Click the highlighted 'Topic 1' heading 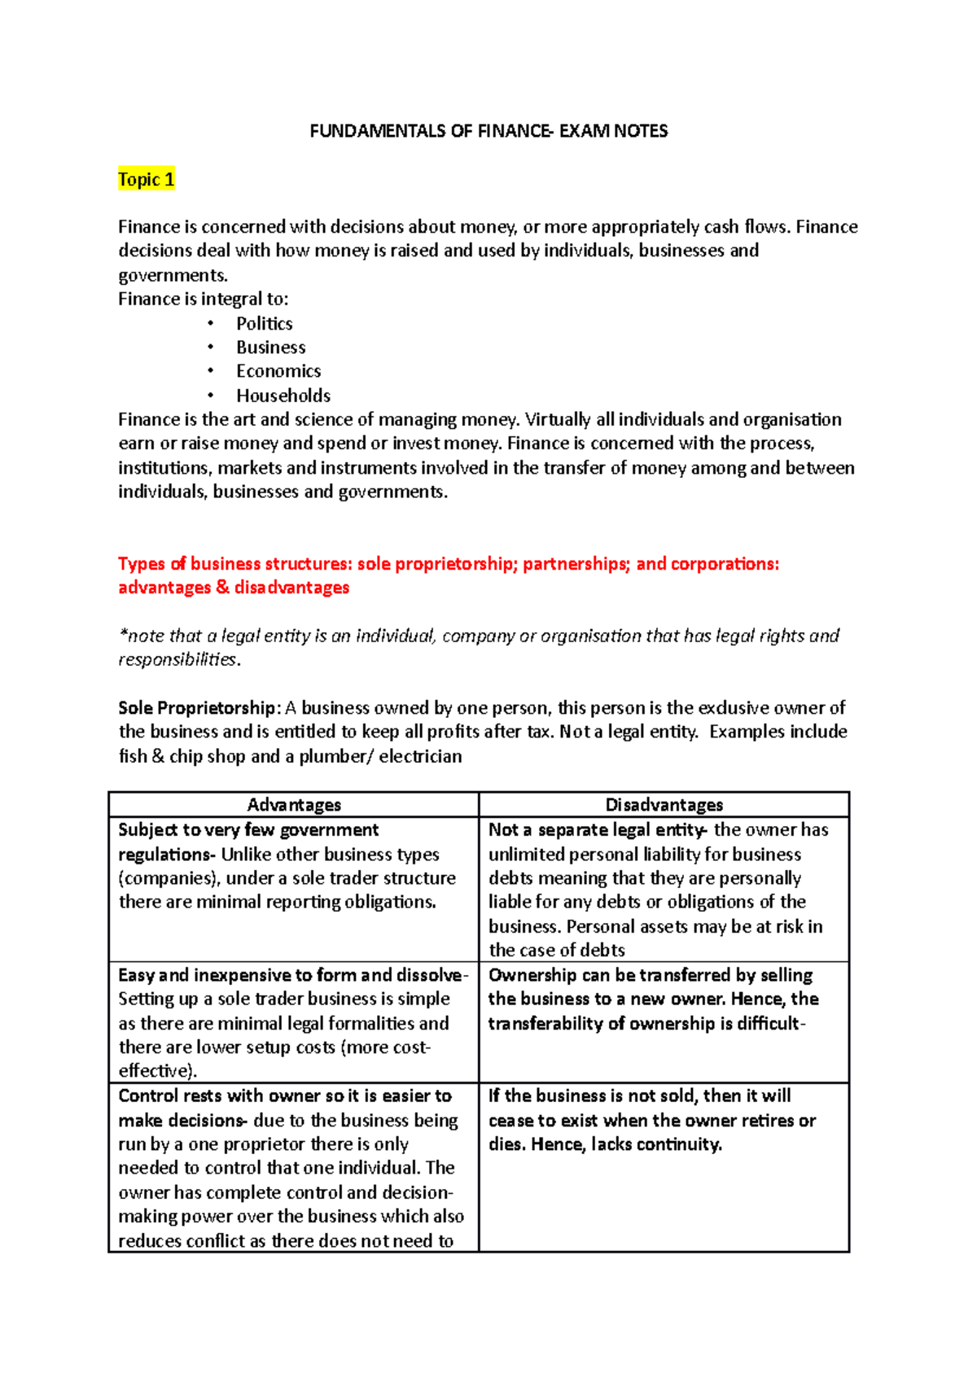[x=146, y=180]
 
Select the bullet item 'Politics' [x=264, y=324]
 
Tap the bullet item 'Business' [x=270, y=348]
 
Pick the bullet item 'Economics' [x=278, y=371]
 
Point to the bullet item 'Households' [x=283, y=396]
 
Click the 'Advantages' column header [x=294, y=805]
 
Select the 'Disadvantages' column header [x=664, y=805]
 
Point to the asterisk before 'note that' [x=122, y=635]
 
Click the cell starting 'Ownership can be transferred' [x=651, y=999]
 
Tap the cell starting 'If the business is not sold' [x=651, y=1120]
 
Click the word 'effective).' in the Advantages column [x=158, y=1071]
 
